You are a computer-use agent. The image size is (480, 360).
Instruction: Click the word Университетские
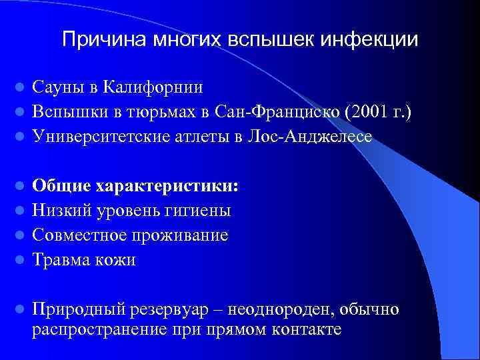click(x=102, y=136)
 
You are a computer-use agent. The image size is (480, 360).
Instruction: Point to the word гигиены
click(x=201, y=211)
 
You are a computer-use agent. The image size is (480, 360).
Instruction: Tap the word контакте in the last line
click(x=305, y=329)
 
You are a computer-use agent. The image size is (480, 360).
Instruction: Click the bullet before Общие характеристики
click(x=20, y=186)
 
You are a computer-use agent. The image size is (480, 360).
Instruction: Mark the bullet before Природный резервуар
click(x=20, y=310)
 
